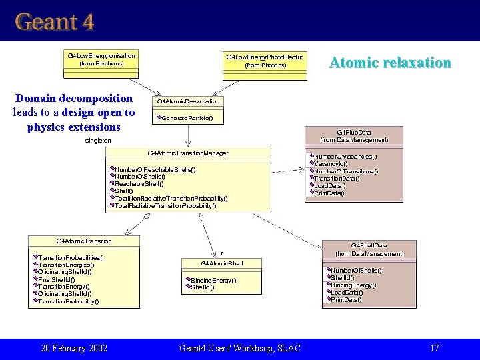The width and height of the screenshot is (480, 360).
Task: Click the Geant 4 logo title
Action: point(55,21)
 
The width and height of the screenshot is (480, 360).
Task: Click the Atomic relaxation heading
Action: point(390,63)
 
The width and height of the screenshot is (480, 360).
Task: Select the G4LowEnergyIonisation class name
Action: point(101,55)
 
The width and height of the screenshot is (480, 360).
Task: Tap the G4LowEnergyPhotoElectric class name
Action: point(265,57)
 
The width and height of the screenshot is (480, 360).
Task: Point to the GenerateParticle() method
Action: point(187,118)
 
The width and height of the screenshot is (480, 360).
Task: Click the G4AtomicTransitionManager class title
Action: point(188,153)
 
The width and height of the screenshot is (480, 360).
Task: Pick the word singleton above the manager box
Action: point(98,141)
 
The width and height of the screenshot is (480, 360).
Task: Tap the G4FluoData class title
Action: point(353,133)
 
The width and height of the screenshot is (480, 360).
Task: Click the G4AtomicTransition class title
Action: point(84,241)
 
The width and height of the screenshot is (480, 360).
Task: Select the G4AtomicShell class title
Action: point(222,264)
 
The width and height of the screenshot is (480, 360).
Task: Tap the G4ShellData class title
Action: point(369,246)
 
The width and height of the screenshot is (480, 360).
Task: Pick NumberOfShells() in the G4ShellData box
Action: point(356,270)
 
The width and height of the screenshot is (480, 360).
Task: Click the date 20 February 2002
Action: point(74,348)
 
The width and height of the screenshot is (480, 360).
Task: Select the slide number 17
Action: point(434,348)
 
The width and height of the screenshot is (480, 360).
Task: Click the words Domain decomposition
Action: point(73,98)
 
